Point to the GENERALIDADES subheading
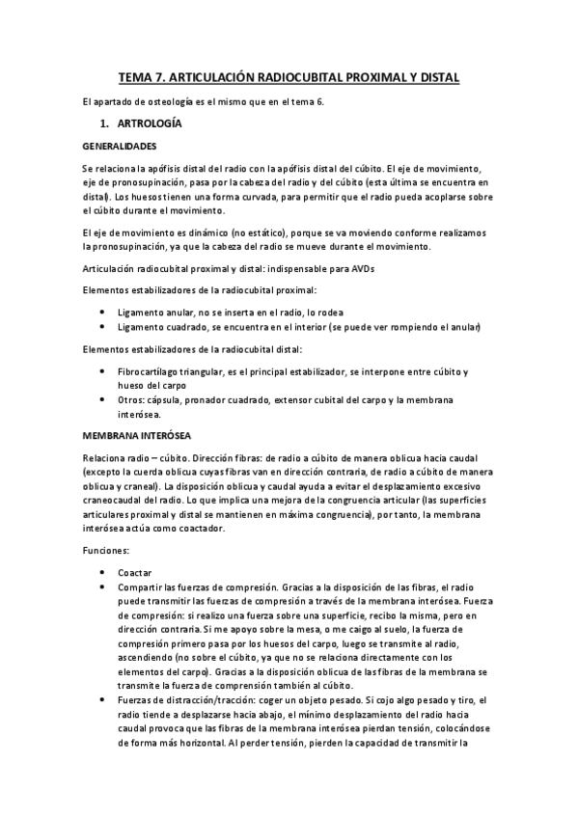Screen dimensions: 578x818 point(120,146)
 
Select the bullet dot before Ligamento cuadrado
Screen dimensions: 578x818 point(103,328)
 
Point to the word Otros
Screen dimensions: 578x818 point(133,399)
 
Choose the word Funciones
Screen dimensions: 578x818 point(109,551)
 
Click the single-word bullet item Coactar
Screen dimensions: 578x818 point(135,572)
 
